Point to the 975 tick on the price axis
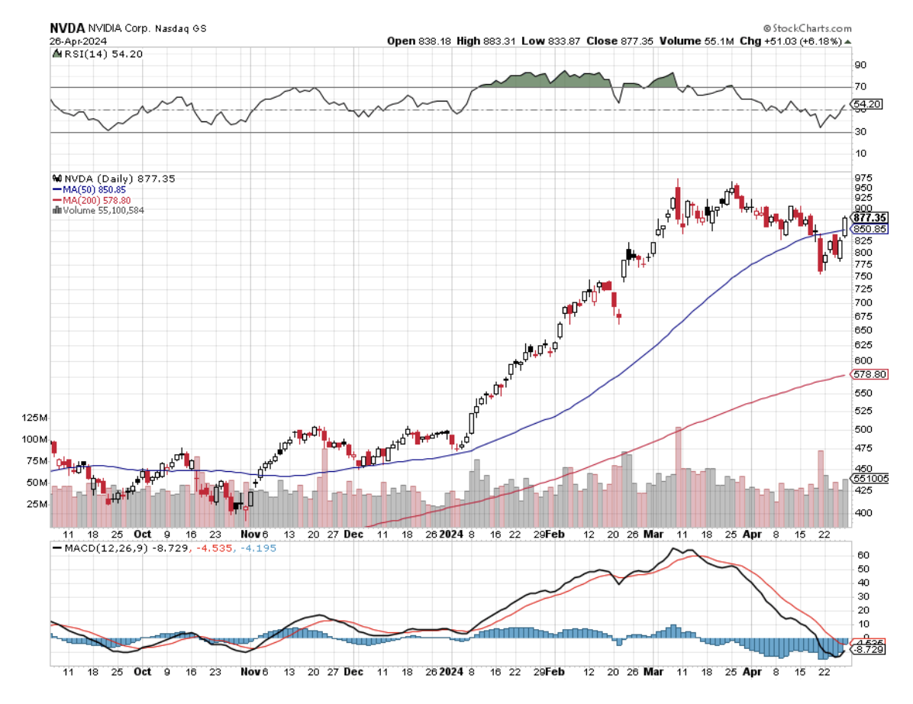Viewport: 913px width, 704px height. tap(862, 177)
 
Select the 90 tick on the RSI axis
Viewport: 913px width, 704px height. tap(859, 65)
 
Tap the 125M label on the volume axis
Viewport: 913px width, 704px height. tap(36, 418)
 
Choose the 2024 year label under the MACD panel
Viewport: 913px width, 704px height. tap(452, 673)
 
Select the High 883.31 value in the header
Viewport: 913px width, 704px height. tap(481, 40)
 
